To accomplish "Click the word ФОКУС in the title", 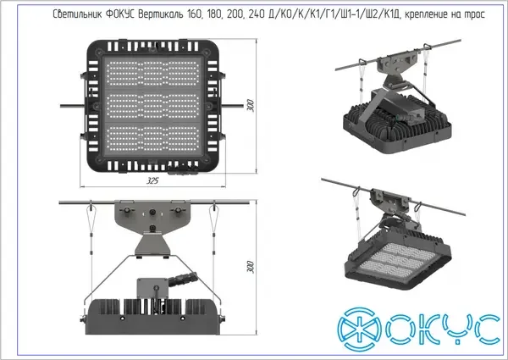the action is tap(120, 14).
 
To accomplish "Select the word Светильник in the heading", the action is tap(77, 14).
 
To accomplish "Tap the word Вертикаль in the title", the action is tap(160, 14).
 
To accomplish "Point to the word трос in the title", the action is tap(475, 15).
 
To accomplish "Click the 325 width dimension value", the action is tap(152, 180).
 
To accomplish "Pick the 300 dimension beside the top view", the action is tap(251, 106).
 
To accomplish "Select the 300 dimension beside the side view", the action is tap(251, 267).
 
